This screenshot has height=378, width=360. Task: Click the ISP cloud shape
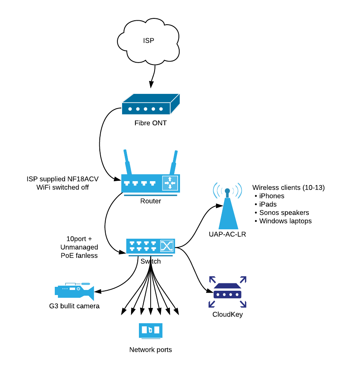(x=149, y=41)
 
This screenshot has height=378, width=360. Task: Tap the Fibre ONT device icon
(x=150, y=105)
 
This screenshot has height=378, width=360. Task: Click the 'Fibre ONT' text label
(x=150, y=123)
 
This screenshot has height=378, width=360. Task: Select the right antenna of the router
(x=173, y=162)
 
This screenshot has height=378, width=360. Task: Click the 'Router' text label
(x=150, y=201)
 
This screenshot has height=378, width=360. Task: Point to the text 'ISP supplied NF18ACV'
(x=63, y=179)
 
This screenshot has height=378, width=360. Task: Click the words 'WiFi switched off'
(x=63, y=187)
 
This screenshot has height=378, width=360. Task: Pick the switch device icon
(x=150, y=246)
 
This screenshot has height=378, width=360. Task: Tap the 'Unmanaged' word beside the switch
(x=79, y=247)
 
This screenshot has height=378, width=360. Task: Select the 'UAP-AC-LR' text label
(x=227, y=234)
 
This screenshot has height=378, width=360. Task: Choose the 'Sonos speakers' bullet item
(x=284, y=213)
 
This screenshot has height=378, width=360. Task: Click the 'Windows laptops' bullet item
(x=285, y=221)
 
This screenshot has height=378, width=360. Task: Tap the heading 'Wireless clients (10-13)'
(x=288, y=188)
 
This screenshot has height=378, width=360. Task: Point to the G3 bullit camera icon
(x=74, y=290)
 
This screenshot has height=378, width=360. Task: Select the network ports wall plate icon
(x=150, y=330)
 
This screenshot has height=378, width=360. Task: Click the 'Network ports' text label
(x=150, y=350)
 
